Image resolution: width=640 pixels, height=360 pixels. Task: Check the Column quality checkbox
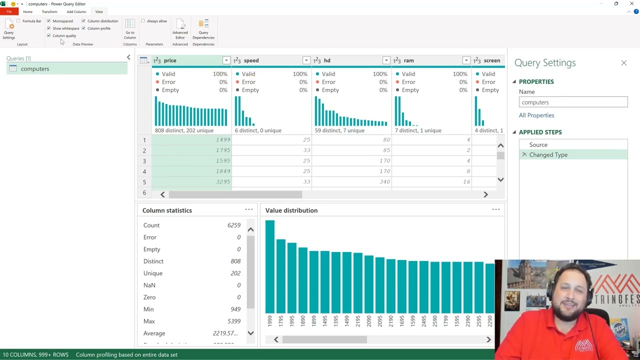click(x=49, y=35)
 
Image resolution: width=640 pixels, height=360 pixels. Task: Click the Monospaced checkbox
click(x=49, y=21)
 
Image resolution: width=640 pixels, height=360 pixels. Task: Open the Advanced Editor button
click(x=180, y=29)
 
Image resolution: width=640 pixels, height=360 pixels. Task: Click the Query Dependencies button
click(x=203, y=29)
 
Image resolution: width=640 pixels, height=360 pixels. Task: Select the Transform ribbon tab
click(x=49, y=11)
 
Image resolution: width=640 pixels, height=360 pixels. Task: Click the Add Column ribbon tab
click(x=76, y=11)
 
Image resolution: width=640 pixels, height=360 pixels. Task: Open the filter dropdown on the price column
click(x=226, y=60)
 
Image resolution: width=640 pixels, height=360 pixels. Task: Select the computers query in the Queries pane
click(x=35, y=69)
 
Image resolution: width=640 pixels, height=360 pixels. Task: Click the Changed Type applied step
click(x=548, y=155)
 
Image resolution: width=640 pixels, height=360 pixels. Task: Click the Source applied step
click(x=538, y=144)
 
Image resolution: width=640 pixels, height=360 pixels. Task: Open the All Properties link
click(x=536, y=115)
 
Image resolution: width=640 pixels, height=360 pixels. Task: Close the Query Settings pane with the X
click(x=623, y=63)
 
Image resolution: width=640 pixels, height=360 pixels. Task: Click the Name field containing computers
click(x=573, y=102)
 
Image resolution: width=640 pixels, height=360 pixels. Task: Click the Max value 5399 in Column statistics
click(x=233, y=321)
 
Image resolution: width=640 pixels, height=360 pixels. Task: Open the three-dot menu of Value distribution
click(x=495, y=210)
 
